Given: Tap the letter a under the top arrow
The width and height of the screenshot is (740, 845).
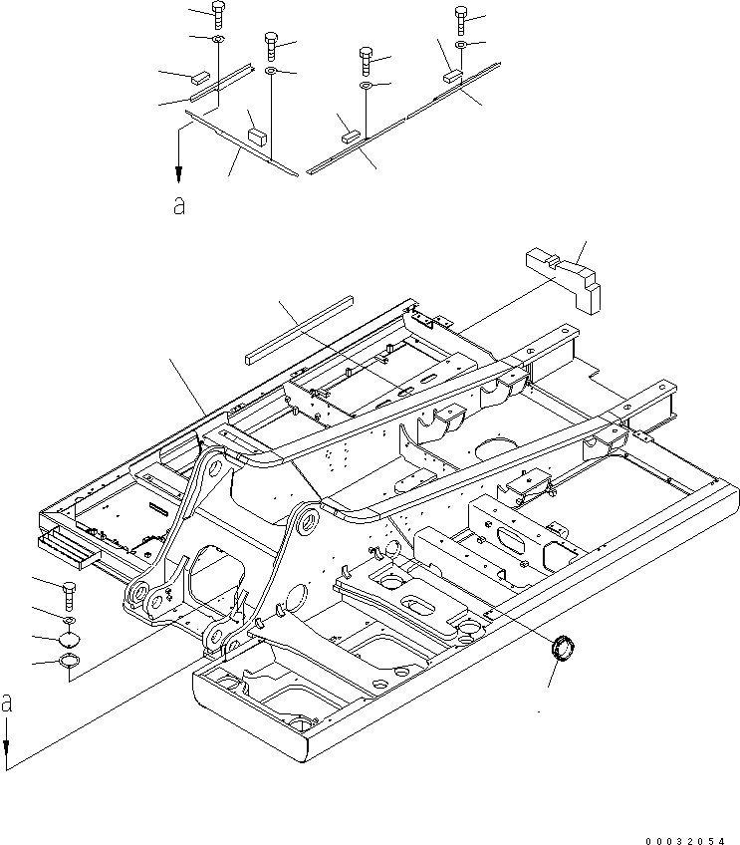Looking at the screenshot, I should point(178,205).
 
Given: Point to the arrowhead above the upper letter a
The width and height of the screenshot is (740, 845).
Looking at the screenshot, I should point(178,174).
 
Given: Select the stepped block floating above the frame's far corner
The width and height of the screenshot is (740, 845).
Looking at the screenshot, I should point(565,277).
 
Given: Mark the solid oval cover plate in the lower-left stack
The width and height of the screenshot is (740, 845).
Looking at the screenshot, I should point(69,641).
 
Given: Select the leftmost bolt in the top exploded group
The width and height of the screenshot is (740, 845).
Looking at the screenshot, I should point(218,16).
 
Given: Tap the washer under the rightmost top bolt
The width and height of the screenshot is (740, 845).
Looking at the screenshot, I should point(461,46).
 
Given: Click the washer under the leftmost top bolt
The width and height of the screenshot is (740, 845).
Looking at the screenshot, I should point(217,40).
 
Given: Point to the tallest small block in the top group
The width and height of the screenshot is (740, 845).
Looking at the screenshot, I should point(257,134).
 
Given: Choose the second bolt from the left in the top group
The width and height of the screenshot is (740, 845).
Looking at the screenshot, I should point(271,44).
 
